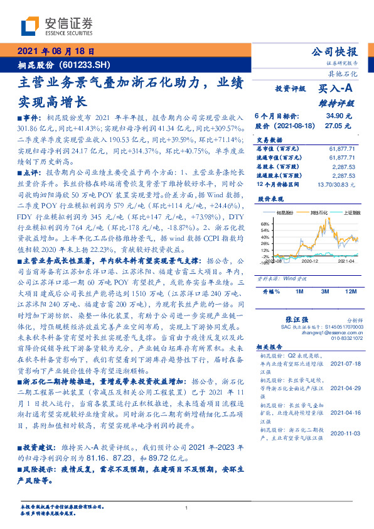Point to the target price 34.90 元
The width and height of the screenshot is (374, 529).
click(339, 116)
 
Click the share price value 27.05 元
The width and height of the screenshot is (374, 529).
click(339, 125)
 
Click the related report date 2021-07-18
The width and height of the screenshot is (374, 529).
click(345, 363)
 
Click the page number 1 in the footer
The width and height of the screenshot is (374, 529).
click(187, 509)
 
